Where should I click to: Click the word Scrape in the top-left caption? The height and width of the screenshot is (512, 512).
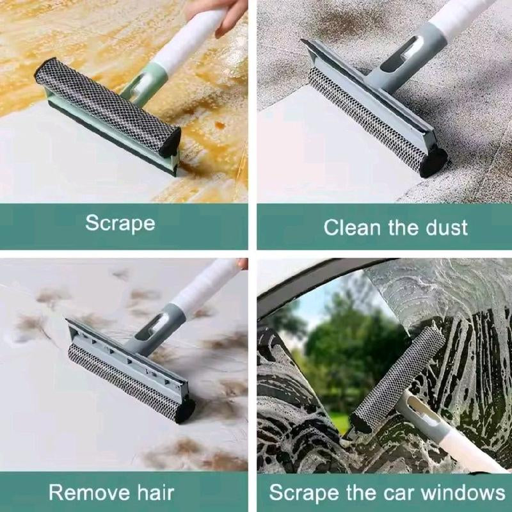point(120,223)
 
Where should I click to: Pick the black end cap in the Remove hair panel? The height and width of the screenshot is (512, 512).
point(186,410)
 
